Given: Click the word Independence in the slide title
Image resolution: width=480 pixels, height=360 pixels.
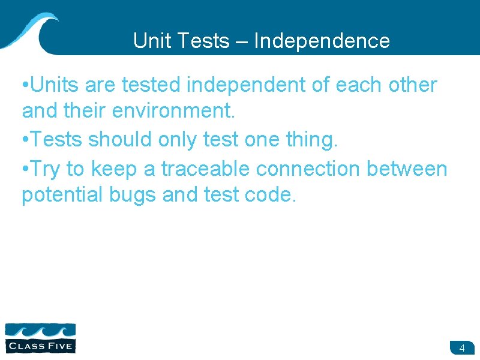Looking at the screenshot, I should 322,41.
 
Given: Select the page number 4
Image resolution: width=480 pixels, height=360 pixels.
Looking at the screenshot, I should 462,348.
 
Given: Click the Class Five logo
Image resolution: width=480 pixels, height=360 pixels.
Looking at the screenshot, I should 40,337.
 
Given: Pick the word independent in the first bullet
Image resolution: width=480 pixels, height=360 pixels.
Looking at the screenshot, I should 246,85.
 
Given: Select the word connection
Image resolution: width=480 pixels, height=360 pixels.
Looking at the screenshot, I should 308,169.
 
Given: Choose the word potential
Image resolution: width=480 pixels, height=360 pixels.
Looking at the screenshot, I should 58,195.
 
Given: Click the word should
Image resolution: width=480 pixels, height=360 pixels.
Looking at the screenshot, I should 124,140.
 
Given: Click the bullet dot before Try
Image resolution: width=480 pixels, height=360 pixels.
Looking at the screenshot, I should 25,170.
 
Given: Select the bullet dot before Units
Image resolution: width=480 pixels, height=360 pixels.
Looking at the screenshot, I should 25,86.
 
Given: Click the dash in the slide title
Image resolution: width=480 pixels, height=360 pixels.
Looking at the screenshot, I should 241,41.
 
